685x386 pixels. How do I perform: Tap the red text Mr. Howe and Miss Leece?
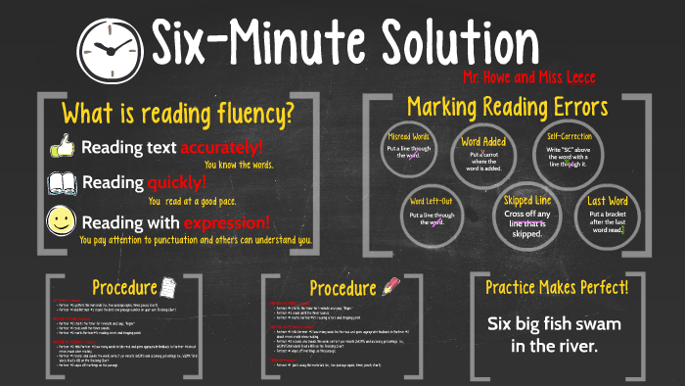click(528, 76)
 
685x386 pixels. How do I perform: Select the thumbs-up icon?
click(62, 147)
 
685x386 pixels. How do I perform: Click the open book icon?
click(62, 182)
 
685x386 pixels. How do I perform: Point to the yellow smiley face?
click(62, 220)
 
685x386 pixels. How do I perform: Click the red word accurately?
click(222, 148)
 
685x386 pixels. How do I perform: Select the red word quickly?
click(177, 182)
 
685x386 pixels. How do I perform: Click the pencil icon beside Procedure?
click(392, 285)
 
